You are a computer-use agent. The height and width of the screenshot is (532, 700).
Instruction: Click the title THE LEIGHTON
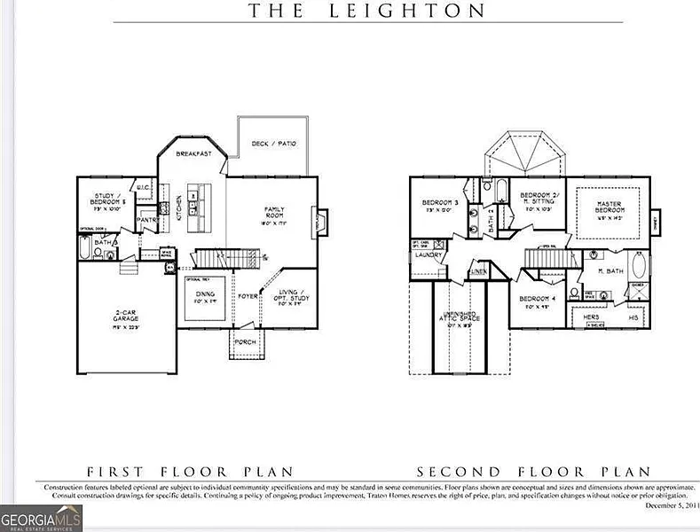(366, 11)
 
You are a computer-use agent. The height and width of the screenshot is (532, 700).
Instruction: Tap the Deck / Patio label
(273, 143)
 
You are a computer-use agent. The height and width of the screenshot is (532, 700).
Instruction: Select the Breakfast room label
(193, 153)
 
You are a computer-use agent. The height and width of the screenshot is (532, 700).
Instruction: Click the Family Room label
(273, 212)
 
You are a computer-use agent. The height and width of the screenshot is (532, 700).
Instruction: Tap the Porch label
(245, 341)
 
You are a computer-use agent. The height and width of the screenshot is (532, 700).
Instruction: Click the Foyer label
(247, 295)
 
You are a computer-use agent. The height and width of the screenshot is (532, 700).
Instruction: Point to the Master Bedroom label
(609, 207)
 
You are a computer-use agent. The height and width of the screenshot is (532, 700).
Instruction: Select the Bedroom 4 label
(537, 299)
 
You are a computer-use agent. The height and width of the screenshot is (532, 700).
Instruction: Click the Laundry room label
(429, 255)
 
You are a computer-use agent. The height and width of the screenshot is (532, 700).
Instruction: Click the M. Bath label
(611, 270)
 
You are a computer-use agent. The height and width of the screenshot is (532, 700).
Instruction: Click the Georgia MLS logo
(42, 515)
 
